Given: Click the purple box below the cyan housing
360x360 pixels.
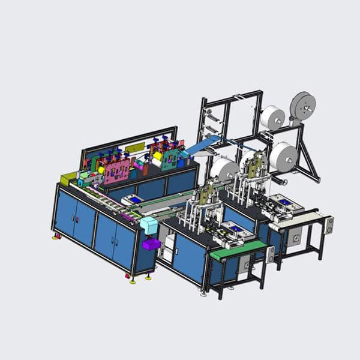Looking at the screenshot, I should (x=151, y=244).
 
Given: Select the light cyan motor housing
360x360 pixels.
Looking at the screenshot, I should (x=148, y=227).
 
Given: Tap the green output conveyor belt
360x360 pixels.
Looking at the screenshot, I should (x=239, y=248).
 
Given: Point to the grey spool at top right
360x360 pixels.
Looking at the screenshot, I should (x=303, y=106).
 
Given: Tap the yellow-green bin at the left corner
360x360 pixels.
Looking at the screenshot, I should (x=67, y=178).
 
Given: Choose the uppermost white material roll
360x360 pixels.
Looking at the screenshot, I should (x=272, y=118).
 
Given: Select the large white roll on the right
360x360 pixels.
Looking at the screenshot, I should (x=283, y=157).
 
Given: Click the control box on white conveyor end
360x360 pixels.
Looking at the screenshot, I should (x=328, y=226).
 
